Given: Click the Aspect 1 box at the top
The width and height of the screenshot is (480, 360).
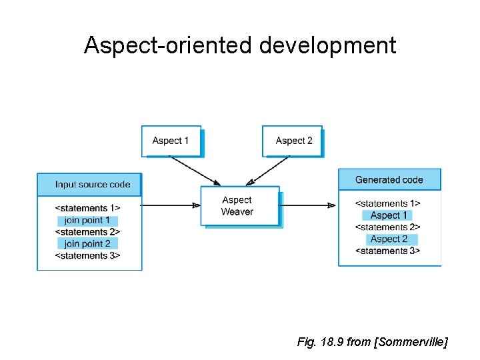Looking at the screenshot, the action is click(171, 141).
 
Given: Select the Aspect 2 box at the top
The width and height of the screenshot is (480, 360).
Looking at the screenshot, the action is click(293, 141).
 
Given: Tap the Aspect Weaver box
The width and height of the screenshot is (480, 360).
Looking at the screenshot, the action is click(237, 206).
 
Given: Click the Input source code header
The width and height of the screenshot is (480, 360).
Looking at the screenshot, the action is click(90, 185).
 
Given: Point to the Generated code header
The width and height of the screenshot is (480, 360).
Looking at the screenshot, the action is click(389, 179).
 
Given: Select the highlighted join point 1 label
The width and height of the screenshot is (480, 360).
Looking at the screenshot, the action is click(88, 221).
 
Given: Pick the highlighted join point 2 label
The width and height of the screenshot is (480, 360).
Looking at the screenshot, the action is click(88, 244).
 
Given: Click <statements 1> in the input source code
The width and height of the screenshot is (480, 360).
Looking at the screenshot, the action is click(88, 209).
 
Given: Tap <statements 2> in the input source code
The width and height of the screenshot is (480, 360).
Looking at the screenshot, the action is click(88, 232).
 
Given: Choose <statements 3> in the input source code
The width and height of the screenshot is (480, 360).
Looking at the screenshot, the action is click(88, 256).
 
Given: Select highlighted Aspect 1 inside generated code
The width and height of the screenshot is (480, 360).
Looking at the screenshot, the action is click(389, 215).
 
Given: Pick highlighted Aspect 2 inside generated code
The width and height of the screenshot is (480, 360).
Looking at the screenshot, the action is click(389, 239).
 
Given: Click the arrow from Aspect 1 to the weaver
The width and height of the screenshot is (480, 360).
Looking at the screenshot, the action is click(194, 170).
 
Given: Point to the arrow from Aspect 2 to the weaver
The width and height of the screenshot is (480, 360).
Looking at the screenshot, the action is click(268, 170).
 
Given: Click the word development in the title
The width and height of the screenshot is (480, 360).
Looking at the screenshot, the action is click(327, 46).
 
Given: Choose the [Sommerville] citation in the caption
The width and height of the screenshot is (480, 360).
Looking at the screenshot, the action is click(411, 343).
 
